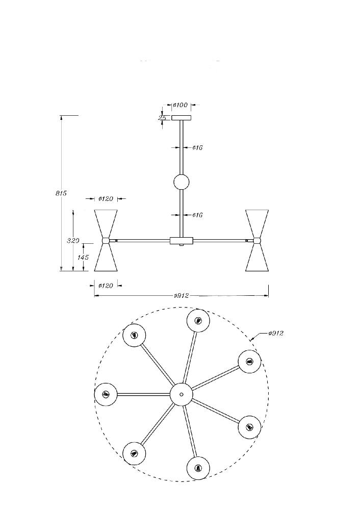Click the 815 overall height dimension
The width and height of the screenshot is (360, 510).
61,193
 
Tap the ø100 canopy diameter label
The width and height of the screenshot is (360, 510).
181,105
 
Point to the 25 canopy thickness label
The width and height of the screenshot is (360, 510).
162,118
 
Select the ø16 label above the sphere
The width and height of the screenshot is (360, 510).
197,148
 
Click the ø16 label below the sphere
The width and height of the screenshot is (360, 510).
197,215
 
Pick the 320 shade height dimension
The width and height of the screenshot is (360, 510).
73,241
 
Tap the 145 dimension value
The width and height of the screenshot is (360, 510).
83,257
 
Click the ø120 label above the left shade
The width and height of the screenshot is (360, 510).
106,199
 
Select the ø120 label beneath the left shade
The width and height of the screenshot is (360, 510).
106,286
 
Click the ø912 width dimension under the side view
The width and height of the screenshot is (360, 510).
182,296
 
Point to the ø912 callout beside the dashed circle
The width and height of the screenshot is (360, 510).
276,333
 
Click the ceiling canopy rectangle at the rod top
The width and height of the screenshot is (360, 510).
182,118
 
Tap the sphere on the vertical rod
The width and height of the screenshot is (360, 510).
182,182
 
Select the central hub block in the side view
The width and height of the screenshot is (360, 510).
182,241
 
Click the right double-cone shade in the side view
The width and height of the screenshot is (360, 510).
257,240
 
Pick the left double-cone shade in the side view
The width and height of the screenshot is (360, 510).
106,240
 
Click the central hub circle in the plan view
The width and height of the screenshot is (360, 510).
182,394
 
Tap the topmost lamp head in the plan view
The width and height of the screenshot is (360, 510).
198,321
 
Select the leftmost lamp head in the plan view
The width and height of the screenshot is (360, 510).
106,394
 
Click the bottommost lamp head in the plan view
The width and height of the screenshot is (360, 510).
198,468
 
